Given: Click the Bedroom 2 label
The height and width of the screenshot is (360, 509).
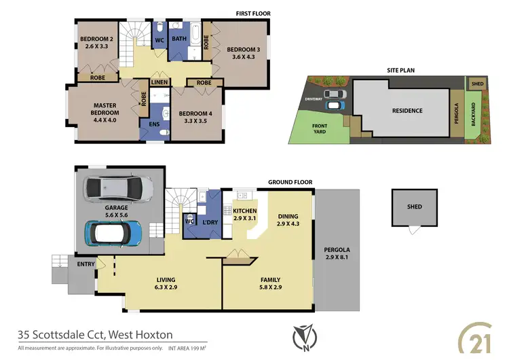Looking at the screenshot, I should click(x=96, y=43).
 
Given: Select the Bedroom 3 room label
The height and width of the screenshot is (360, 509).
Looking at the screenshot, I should click(x=244, y=54).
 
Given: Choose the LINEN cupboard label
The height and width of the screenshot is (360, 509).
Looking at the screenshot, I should click(x=159, y=82).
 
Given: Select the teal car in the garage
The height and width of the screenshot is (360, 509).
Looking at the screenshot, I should click(x=113, y=233).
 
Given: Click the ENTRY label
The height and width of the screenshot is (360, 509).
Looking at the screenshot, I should click(x=86, y=264).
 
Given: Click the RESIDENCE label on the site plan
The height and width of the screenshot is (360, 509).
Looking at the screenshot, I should click(x=407, y=111).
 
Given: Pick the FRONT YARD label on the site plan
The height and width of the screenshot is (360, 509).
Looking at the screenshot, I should click(x=318, y=129).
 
